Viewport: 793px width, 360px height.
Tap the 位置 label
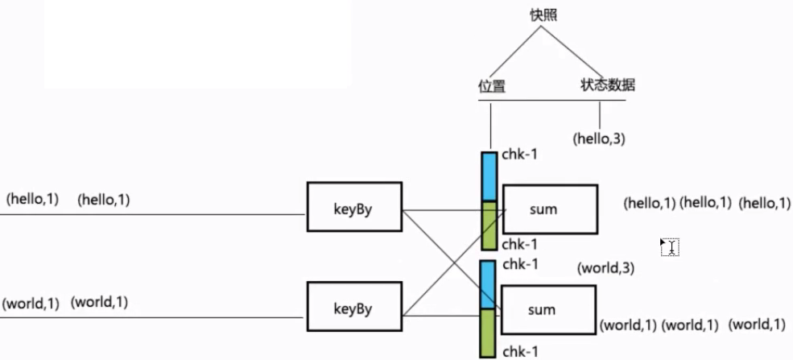click(491, 85)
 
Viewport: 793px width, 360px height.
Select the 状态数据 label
click(607, 85)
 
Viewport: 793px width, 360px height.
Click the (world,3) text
click(605, 268)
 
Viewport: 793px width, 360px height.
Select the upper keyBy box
click(354, 210)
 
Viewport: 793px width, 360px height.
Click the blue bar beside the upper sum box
click(489, 176)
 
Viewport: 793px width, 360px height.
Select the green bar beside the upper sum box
click(489, 226)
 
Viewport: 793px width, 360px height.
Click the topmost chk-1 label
click(519, 154)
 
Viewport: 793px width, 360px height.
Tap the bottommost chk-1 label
click(519, 351)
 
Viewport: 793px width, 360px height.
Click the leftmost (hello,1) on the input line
click(32, 199)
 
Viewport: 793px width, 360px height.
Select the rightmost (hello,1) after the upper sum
click(765, 204)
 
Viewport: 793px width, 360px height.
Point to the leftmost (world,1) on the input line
click(31, 304)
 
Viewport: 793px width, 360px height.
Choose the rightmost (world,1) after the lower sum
click(757, 325)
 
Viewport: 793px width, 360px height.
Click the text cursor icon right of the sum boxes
click(669, 247)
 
